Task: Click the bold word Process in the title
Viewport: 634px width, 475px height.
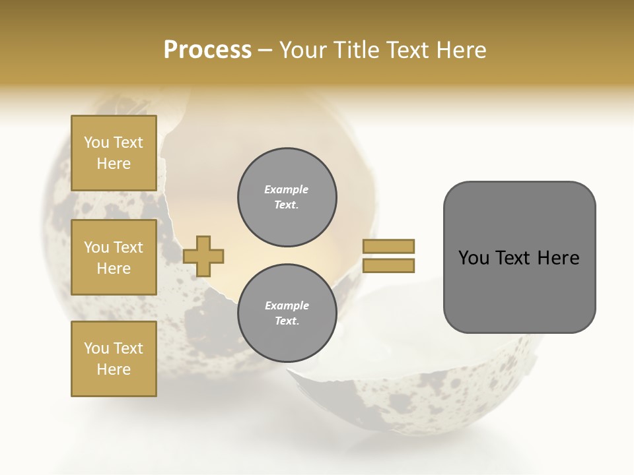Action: click(207, 49)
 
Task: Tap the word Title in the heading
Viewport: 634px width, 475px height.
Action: click(358, 49)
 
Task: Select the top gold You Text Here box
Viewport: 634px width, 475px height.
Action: click(114, 153)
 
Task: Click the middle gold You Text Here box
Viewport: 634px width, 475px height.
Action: click(114, 257)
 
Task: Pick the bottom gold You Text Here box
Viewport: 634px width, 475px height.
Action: click(114, 359)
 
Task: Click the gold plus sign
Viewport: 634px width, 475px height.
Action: click(203, 256)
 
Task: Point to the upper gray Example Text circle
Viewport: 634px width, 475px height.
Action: click(287, 197)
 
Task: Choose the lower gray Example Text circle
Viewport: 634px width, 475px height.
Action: click(287, 313)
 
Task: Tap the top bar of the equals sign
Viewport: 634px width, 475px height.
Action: click(389, 246)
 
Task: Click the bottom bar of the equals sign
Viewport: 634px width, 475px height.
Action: click(389, 266)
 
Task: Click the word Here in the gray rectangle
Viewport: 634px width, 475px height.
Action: click(558, 258)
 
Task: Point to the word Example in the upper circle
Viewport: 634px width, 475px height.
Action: click(286, 189)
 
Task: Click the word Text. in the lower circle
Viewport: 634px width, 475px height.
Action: click(286, 321)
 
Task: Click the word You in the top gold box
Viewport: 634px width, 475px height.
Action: click(96, 142)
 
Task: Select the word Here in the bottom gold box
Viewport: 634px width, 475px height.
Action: click(114, 369)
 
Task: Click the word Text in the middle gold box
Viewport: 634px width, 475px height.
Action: click(128, 247)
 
